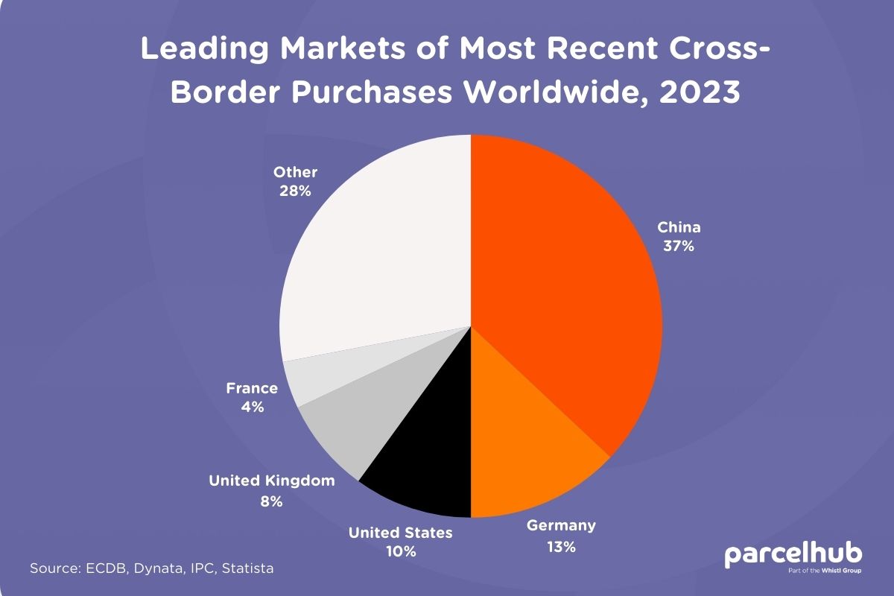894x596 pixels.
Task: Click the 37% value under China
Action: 679,247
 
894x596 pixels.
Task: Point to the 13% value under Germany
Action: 560,547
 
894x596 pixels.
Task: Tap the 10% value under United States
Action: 401,552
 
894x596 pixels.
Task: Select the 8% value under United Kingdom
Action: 271,501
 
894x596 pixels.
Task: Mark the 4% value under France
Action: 252,408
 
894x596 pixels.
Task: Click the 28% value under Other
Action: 295,191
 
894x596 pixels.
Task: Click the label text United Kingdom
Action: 271,481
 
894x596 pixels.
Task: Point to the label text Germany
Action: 561,526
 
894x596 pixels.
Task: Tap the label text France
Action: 252,388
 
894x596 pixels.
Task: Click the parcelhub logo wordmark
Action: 793,554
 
